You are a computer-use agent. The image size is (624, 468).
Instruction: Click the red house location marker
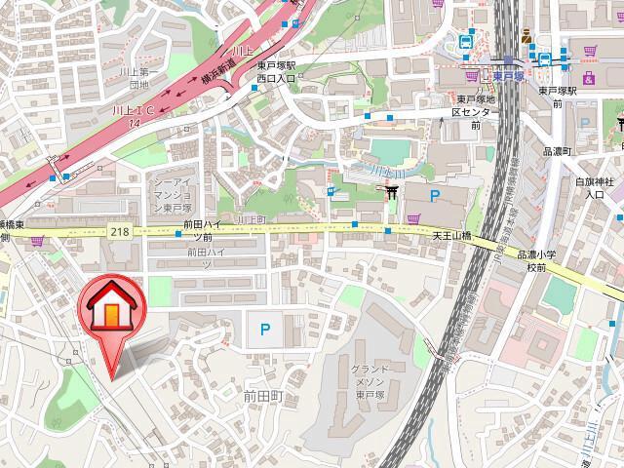tap(111, 315)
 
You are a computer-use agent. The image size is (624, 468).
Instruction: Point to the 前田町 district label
tap(262, 398)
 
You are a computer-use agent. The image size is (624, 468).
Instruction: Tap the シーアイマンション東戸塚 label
tap(176, 194)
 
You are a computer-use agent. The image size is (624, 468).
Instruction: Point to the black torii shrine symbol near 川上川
tap(394, 194)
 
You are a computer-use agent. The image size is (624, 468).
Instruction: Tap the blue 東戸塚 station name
tap(505, 73)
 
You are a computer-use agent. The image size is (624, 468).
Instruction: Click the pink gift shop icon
tap(588, 77)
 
